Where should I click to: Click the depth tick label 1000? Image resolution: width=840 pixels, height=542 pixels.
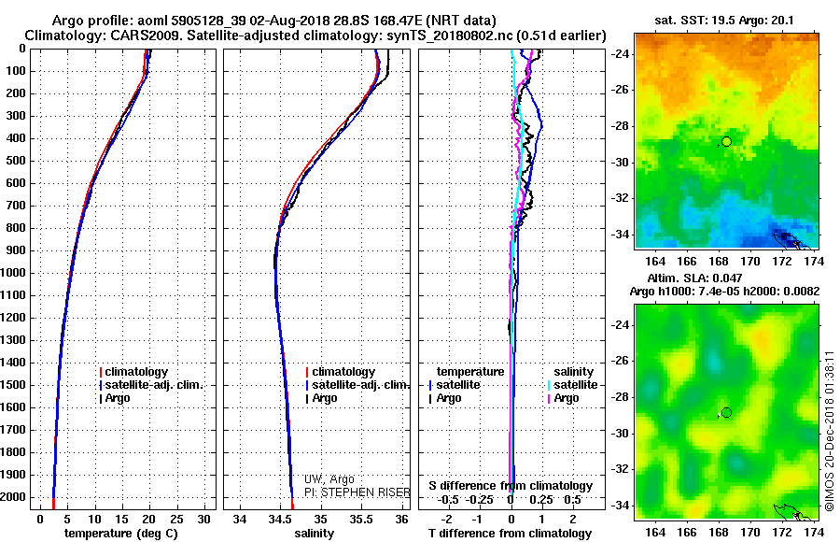coord(12,273)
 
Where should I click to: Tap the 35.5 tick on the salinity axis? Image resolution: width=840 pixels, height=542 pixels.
coord(361,520)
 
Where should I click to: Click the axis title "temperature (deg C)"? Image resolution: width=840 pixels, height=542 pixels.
coord(121,534)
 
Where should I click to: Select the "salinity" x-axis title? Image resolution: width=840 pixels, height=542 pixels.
coord(314,534)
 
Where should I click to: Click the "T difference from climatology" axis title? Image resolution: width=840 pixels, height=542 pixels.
coord(510,534)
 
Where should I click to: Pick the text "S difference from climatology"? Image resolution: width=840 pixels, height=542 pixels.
coord(511,486)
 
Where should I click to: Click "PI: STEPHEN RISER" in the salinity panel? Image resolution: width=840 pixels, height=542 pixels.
coord(357,492)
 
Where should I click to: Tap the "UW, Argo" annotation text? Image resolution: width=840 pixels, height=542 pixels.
coord(329,479)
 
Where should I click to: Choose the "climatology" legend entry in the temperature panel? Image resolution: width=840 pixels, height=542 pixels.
coord(133,372)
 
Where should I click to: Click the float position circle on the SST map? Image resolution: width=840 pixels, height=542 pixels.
coord(726,142)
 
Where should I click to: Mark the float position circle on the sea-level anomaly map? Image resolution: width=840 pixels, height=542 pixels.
coord(726,413)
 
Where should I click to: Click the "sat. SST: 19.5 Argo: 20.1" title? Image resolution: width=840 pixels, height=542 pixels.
coord(724,21)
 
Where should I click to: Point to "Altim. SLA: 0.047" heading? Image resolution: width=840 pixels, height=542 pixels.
coord(694,278)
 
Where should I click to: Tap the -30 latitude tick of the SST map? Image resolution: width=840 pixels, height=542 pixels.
coord(621,162)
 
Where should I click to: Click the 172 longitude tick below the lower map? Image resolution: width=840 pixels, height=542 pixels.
coord(781,532)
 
